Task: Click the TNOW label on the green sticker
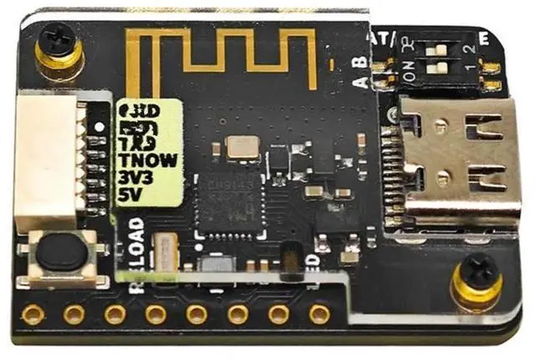point(148,161)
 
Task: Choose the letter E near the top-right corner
point(483,36)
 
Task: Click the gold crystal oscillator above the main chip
point(243,148)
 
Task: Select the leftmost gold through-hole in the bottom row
point(33,314)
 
